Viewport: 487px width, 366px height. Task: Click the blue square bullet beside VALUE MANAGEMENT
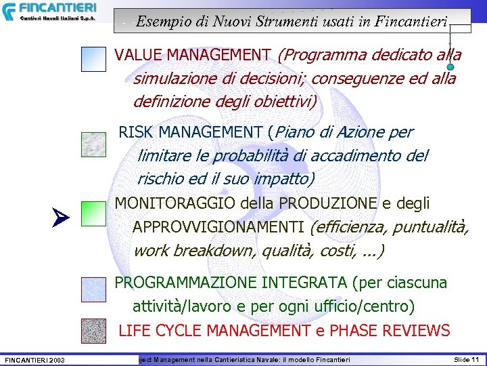tap(93, 59)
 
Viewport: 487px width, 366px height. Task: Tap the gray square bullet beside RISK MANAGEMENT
tap(93, 144)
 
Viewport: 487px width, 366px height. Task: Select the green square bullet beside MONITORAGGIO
tap(93, 213)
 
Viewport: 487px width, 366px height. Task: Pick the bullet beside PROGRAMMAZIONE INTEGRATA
tap(93, 289)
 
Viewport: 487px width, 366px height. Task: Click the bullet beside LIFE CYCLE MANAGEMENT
tap(93, 330)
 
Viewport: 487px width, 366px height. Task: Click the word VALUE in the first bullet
tap(138, 55)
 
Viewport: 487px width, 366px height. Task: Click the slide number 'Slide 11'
tap(466, 359)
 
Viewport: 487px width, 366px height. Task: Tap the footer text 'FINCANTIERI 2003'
tap(34, 359)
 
